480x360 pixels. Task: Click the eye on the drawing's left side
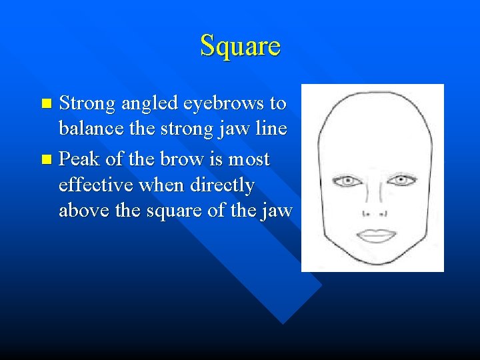347,181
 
